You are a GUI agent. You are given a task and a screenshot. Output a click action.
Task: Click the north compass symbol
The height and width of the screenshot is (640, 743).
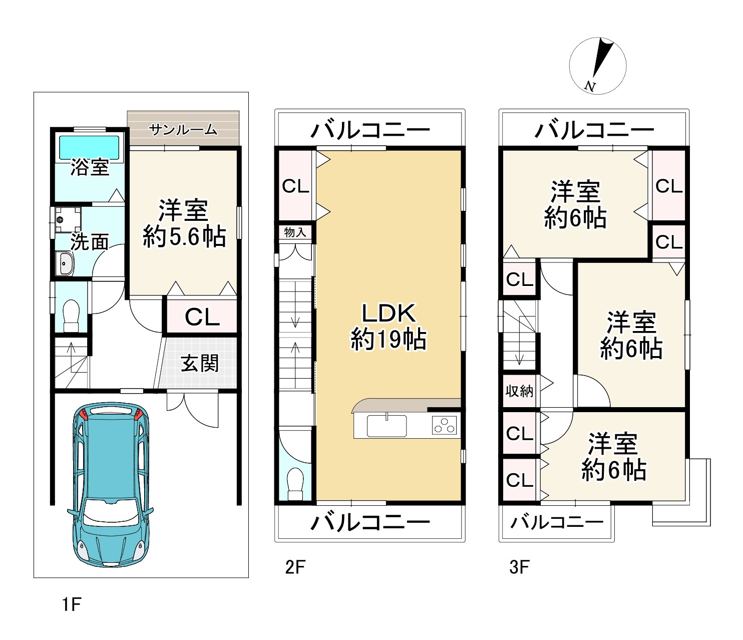pyautogui.click(x=598, y=66)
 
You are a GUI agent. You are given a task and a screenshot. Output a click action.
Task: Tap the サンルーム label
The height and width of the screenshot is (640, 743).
pyautogui.click(x=183, y=130)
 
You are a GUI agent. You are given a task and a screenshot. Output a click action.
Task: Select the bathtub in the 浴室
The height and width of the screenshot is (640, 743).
pyautogui.click(x=90, y=147)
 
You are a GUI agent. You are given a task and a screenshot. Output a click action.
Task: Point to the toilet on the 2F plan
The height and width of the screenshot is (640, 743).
pyautogui.click(x=296, y=483)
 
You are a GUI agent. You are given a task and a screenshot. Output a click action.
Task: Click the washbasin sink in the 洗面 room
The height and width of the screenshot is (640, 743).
pyautogui.click(x=65, y=263)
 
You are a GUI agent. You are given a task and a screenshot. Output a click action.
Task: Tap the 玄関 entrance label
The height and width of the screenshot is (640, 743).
pyautogui.click(x=200, y=363)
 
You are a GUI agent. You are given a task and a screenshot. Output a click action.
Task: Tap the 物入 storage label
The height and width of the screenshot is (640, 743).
pyautogui.click(x=295, y=232)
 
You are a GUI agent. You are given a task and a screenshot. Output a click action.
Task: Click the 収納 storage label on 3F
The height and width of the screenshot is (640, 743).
pyautogui.click(x=519, y=391)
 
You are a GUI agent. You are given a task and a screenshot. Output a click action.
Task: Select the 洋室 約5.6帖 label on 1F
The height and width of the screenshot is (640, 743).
pyautogui.click(x=184, y=223)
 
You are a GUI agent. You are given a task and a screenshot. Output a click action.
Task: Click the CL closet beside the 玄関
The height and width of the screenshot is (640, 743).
pyautogui.click(x=202, y=316)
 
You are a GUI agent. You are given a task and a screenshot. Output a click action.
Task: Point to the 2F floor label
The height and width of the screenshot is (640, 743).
pyautogui.click(x=295, y=567)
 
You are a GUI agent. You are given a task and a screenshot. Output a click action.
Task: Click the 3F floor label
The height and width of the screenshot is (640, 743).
pyautogui.click(x=519, y=567)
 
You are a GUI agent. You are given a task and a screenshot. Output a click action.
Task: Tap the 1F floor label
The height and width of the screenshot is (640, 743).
pyautogui.click(x=72, y=604)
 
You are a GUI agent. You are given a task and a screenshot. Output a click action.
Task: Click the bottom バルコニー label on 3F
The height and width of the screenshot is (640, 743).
pyautogui.click(x=557, y=523)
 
